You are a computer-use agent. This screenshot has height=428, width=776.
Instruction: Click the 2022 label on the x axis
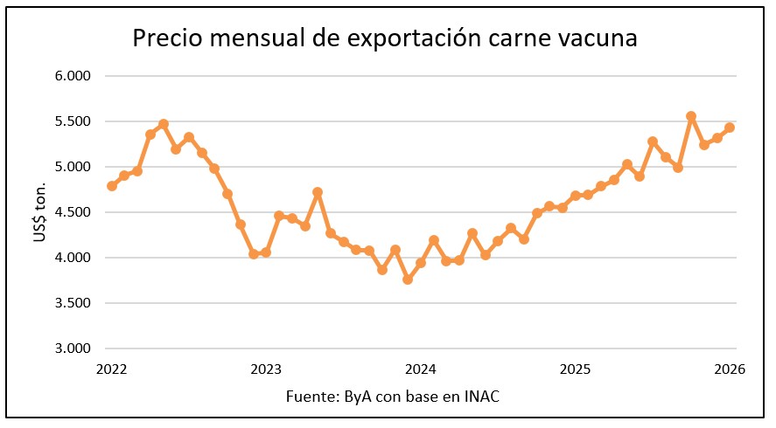tap(112, 369)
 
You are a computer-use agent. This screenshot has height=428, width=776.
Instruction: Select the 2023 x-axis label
tap(266, 369)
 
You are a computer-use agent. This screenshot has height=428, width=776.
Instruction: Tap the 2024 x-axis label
tap(421, 369)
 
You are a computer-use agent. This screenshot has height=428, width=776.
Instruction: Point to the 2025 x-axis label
tap(575, 369)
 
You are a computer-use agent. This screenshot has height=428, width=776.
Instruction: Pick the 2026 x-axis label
tap(729, 369)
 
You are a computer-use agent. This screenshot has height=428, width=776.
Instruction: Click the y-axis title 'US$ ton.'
tap(41, 211)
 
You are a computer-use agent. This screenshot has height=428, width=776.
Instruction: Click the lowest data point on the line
tap(408, 280)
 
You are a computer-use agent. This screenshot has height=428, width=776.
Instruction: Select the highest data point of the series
tap(691, 116)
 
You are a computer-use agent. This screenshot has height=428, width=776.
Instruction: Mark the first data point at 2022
tap(112, 186)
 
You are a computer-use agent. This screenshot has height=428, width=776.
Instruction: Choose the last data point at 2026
tap(730, 128)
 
